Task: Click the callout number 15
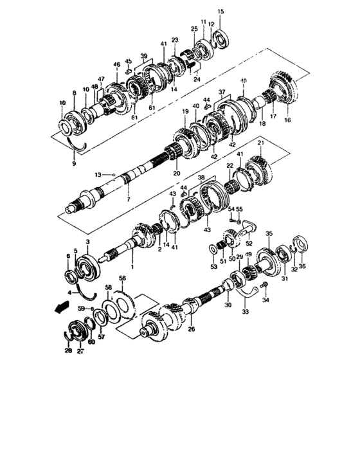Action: [x=221, y=12]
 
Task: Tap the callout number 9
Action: [x=74, y=165]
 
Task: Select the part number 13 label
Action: [x=98, y=175]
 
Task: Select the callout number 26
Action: [x=191, y=329]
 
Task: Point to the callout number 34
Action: [x=265, y=300]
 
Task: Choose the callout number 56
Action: [x=122, y=278]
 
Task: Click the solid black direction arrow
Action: [x=60, y=308]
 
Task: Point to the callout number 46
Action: [x=116, y=64]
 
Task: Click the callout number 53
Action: [x=212, y=265]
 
